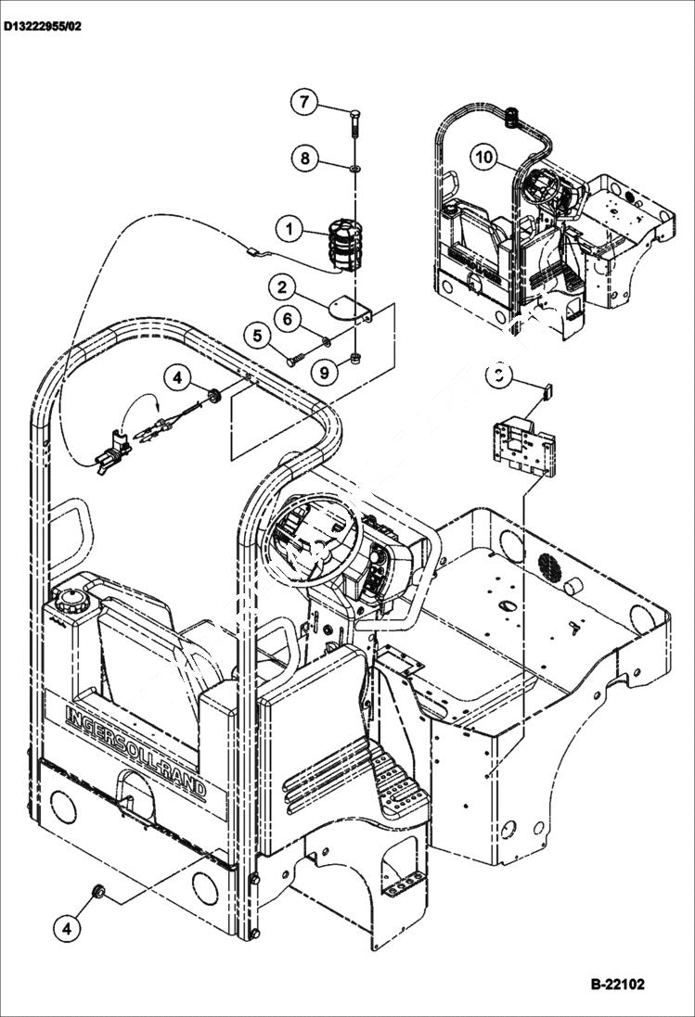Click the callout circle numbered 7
(x=304, y=102)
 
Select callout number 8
(x=304, y=158)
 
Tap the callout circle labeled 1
(x=290, y=228)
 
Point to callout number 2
(x=284, y=286)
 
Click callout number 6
(x=287, y=319)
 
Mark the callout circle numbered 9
(x=324, y=373)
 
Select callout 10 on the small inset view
(x=483, y=157)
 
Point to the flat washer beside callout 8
(x=355, y=168)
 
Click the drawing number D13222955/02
(x=43, y=26)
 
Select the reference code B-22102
(x=616, y=984)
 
